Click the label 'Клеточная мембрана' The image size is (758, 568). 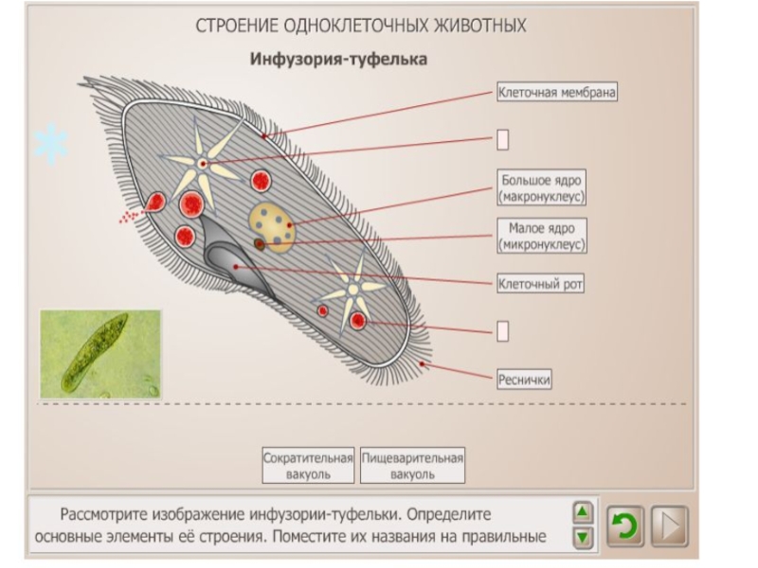557,93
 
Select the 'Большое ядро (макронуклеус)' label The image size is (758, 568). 542,187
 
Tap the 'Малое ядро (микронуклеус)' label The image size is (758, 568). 542,236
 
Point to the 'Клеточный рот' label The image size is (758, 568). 541,282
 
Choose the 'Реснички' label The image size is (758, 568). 524,379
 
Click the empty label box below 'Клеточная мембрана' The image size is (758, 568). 503,140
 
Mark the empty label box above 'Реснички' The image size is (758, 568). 503,330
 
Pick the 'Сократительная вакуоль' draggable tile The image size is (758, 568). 308,465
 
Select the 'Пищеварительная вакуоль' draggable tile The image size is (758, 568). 413,465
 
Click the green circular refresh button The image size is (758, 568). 624,525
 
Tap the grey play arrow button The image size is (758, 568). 669,525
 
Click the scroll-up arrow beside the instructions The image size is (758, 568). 585,512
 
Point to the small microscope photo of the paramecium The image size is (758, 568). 99,354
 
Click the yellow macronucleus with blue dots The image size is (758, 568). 273,223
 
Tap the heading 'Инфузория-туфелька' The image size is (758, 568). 338,60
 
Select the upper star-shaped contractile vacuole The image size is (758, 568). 202,163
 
